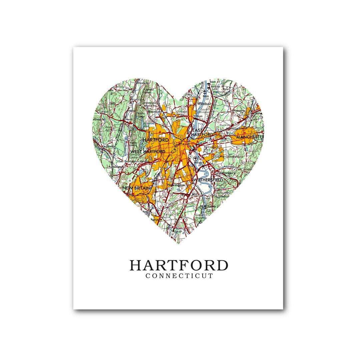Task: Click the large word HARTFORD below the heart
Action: (x=179, y=265)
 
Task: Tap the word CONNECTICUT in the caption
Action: (x=179, y=276)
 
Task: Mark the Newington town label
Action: (x=176, y=185)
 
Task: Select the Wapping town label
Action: (x=239, y=110)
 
